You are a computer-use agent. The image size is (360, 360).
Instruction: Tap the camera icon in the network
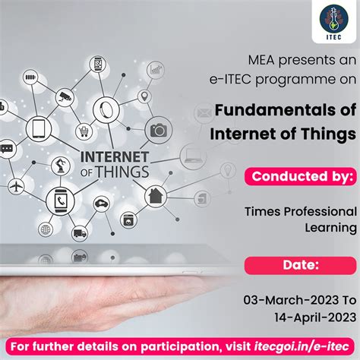point(159,130)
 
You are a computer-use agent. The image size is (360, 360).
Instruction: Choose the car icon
point(100,204)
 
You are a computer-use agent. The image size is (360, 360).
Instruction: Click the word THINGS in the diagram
point(118,171)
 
